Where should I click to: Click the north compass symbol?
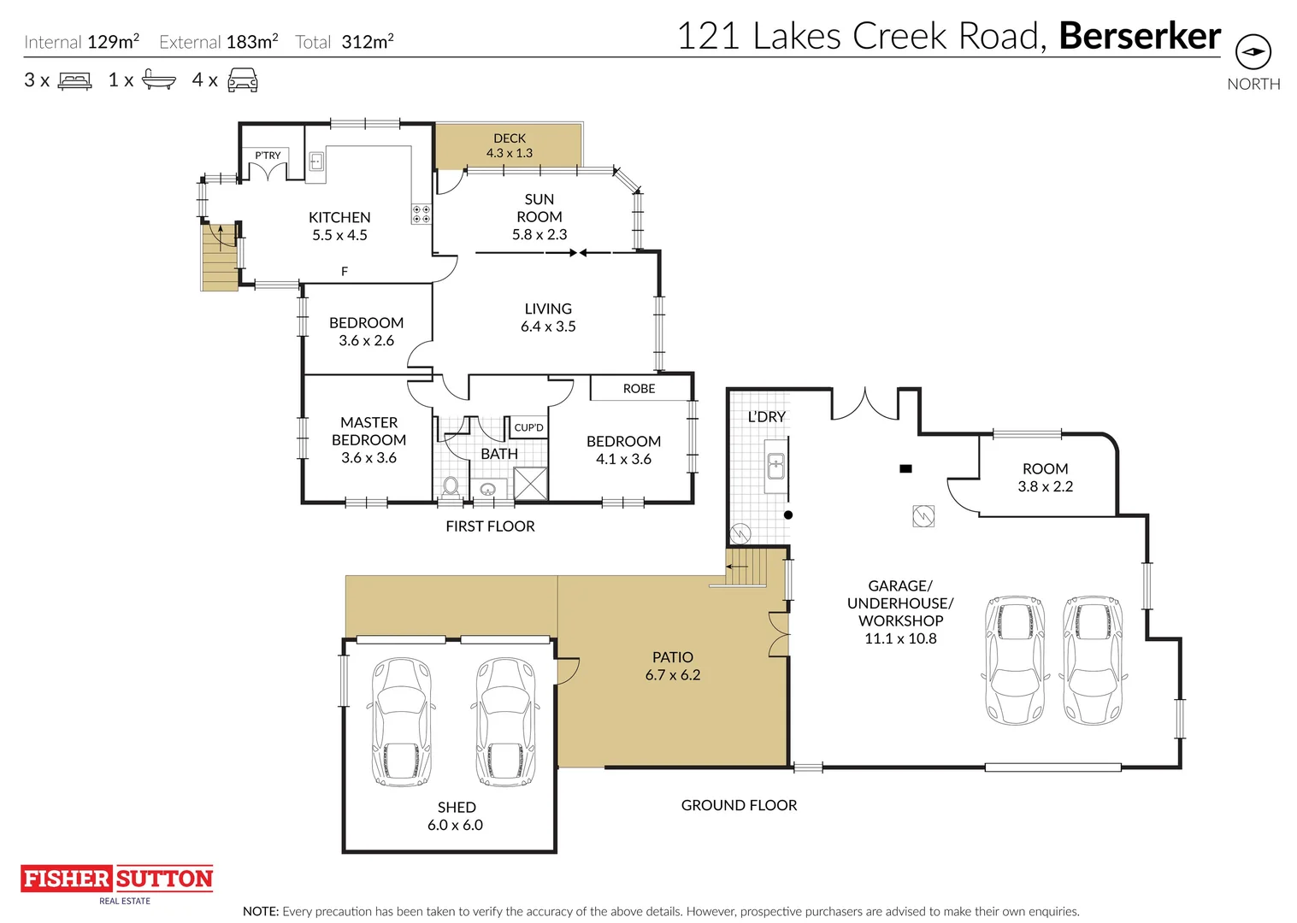(x=1253, y=52)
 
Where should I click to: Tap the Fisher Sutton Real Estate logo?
(x=117, y=885)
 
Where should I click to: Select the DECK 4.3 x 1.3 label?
(x=509, y=145)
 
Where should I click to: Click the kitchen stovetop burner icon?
(x=421, y=214)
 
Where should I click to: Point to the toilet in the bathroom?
(x=451, y=487)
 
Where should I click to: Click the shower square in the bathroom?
(x=530, y=483)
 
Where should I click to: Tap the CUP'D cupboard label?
(x=528, y=427)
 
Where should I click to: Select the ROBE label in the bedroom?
(x=640, y=389)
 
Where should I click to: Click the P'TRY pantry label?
(x=268, y=155)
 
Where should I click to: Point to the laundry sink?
(x=775, y=466)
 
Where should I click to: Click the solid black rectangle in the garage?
(x=905, y=468)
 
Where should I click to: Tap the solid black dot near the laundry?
(x=788, y=514)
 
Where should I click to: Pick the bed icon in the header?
(x=74, y=80)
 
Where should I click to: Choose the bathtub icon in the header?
(x=159, y=79)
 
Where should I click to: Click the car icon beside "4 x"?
(x=243, y=79)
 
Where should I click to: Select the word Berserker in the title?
(x=1140, y=36)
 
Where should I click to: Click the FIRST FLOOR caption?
(x=490, y=526)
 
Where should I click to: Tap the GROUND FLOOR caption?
(x=739, y=805)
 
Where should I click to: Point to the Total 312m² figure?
(x=345, y=42)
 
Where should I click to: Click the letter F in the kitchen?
(x=345, y=272)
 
